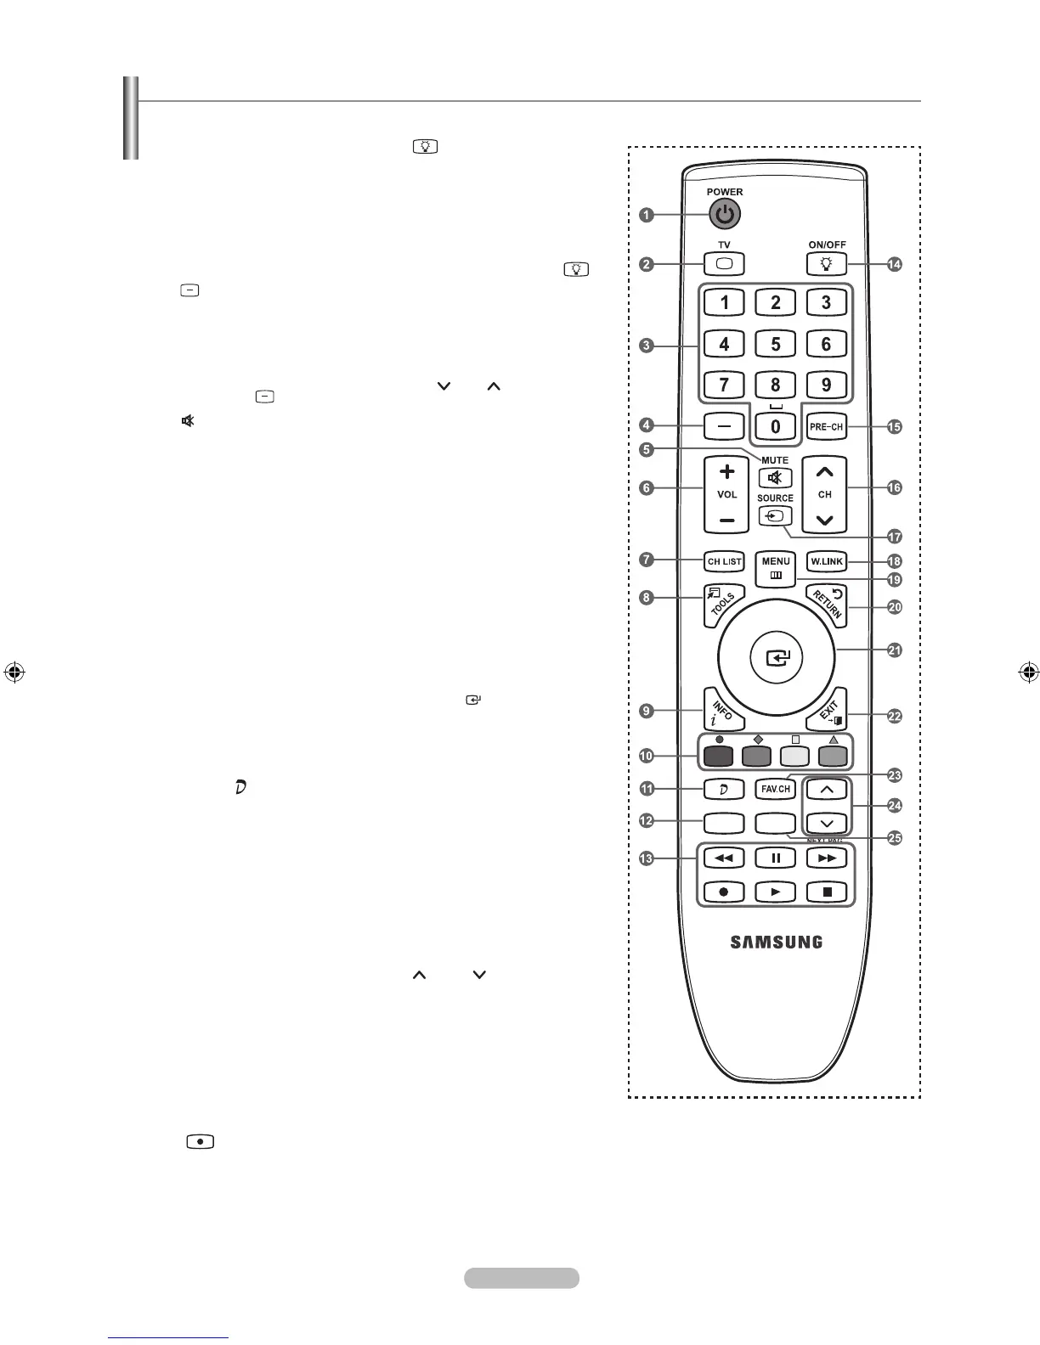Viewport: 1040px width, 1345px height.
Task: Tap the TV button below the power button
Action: [724, 263]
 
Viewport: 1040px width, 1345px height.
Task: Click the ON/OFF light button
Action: [827, 264]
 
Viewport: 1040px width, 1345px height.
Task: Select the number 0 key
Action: [775, 426]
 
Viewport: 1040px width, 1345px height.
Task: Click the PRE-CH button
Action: [826, 426]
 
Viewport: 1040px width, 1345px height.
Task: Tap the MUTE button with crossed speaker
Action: [775, 478]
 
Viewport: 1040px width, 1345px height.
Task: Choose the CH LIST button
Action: [725, 561]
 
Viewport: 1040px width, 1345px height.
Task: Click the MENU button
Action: [776, 567]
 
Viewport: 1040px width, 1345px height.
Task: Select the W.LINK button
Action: [827, 561]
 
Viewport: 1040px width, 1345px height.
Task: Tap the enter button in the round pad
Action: [777, 657]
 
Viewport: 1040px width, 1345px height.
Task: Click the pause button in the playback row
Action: [776, 858]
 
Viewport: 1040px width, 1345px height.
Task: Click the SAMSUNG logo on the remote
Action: [777, 942]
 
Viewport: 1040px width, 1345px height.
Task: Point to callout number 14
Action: [895, 265]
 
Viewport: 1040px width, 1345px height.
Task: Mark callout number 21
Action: [895, 650]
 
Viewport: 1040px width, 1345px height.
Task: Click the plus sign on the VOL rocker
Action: [726, 471]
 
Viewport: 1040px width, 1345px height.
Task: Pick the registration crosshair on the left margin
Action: [13, 672]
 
